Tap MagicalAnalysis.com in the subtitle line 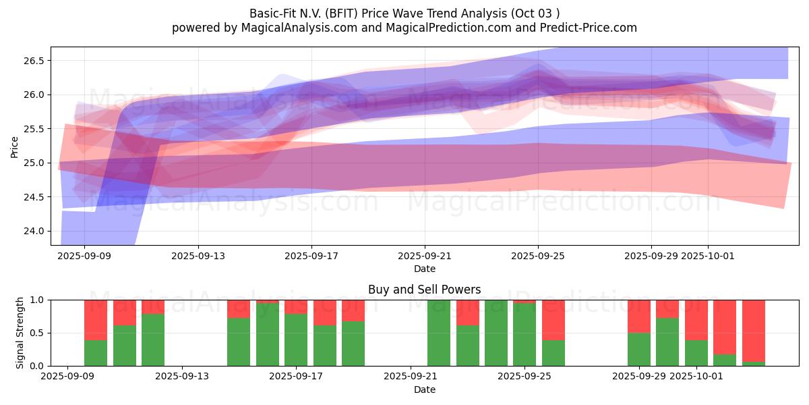point(293,28)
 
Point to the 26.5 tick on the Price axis point(33,61)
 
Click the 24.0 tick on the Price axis point(33,231)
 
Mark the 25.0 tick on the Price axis point(33,163)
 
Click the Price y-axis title point(14,146)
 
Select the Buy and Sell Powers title point(424,290)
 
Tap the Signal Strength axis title point(20,333)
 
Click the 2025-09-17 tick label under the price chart point(311,256)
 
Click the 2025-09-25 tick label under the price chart point(538,256)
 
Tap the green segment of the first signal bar point(96,353)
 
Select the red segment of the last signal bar point(753,330)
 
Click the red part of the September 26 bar point(553,319)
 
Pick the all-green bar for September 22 point(439,333)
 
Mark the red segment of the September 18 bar point(325,313)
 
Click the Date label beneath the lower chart point(424,389)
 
